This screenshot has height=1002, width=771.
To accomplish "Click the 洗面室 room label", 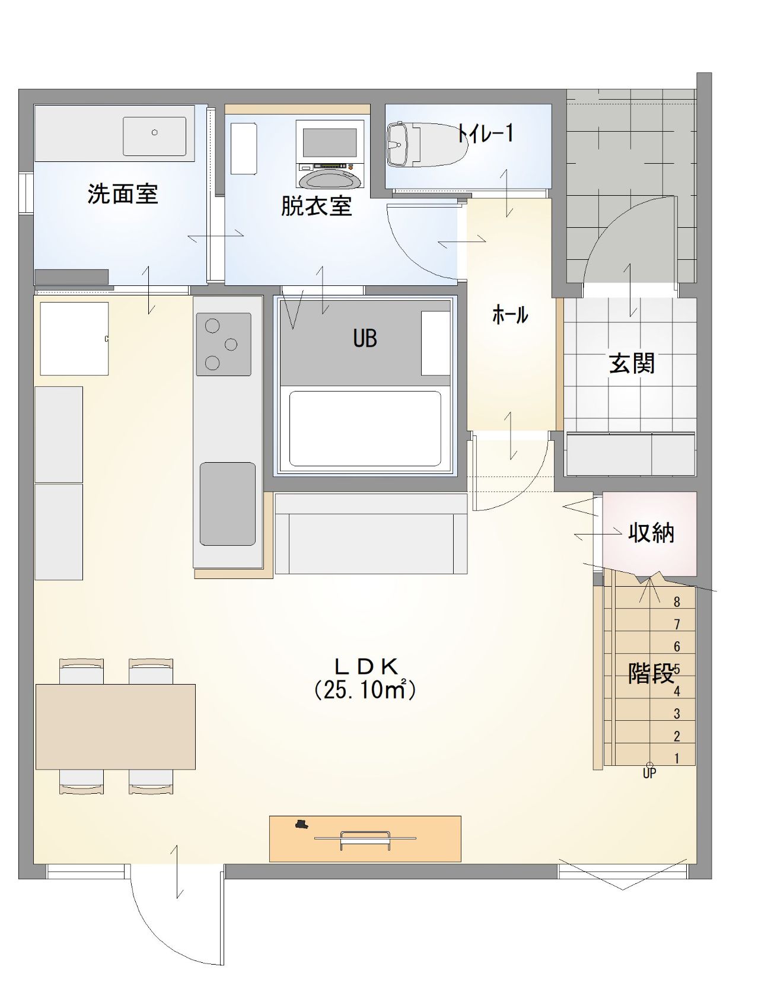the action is [x=123, y=194].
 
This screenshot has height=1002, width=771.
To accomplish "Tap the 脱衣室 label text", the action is [x=316, y=206].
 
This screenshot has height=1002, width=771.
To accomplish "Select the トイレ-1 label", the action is [x=485, y=133].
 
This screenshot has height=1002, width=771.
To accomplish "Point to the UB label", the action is [x=365, y=338].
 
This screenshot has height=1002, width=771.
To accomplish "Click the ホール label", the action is [x=510, y=314].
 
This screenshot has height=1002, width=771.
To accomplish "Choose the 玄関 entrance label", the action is [x=632, y=363].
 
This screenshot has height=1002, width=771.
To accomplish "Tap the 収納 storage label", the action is [x=651, y=533].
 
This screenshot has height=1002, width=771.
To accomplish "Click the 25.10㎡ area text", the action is [x=365, y=689].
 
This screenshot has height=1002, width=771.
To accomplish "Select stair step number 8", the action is [x=677, y=602].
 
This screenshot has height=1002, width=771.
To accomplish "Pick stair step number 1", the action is [x=677, y=758].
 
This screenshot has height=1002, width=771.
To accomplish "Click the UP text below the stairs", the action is [x=649, y=774].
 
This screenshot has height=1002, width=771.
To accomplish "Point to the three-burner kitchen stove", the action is [x=224, y=344].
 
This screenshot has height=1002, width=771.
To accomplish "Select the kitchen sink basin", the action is [x=228, y=504].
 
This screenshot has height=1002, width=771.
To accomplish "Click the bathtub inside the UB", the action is [x=365, y=428].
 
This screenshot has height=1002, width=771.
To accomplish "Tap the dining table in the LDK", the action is [x=116, y=727].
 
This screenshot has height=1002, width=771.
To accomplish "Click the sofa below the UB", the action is [x=371, y=533].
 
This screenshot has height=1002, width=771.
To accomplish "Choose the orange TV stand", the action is [x=365, y=839].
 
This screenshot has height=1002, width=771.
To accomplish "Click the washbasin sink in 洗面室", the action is [x=154, y=136].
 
